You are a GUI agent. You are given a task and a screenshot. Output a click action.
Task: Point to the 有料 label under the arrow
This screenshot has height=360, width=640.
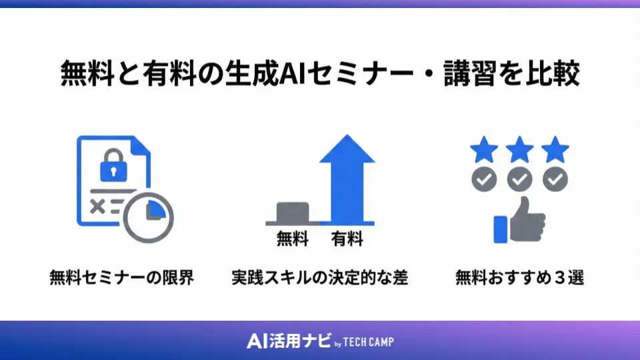(x=347, y=239)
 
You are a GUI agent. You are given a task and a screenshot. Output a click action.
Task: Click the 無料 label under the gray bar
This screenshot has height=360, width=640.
(x=293, y=239)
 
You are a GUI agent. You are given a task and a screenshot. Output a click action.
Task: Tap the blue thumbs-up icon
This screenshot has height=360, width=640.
(x=519, y=221)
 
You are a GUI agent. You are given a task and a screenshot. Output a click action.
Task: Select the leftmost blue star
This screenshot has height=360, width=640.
(x=484, y=151)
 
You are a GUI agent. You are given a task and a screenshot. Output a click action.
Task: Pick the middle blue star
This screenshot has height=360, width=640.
(x=519, y=151)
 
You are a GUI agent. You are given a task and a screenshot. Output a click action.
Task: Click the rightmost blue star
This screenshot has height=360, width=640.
(x=555, y=151)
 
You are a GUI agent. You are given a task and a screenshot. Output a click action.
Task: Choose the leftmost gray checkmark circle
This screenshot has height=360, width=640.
(x=484, y=179)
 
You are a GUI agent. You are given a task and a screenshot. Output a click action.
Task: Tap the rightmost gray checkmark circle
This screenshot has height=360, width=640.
(x=555, y=179)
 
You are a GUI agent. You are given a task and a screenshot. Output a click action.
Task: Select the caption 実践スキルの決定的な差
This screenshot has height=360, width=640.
(x=320, y=277)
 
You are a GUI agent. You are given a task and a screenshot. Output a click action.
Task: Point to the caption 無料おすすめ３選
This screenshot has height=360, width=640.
(x=520, y=277)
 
